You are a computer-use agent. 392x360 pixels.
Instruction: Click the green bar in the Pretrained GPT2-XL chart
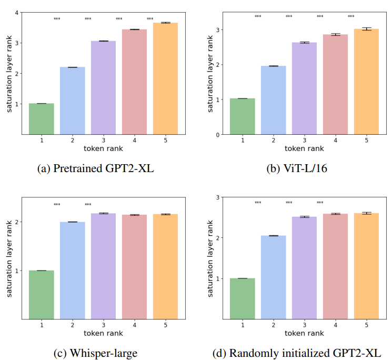click(x=41, y=119)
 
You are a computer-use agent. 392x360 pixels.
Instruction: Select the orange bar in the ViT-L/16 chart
click(x=366, y=82)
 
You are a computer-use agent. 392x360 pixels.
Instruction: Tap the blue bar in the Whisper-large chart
click(x=72, y=270)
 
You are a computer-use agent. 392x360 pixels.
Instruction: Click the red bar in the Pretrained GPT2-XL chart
click(x=134, y=82)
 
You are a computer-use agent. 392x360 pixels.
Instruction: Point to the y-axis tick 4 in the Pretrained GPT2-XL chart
click(x=17, y=13)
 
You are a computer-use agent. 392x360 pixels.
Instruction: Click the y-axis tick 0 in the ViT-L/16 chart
click(x=217, y=135)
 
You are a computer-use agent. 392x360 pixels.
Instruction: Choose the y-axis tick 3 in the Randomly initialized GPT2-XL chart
click(x=217, y=197)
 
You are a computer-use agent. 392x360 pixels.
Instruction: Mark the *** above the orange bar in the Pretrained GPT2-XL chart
click(x=150, y=19)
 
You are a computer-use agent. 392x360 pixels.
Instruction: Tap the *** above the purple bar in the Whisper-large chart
click(x=88, y=205)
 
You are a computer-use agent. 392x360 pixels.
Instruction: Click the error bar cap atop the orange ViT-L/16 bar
click(x=366, y=28)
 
